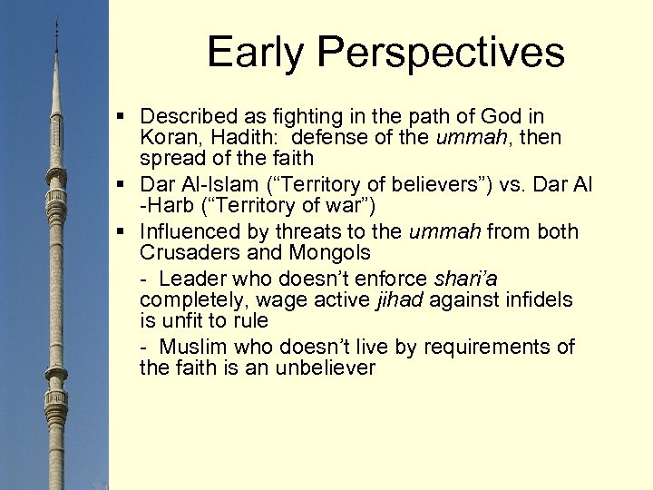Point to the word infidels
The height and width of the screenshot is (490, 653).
pos(541,299)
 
